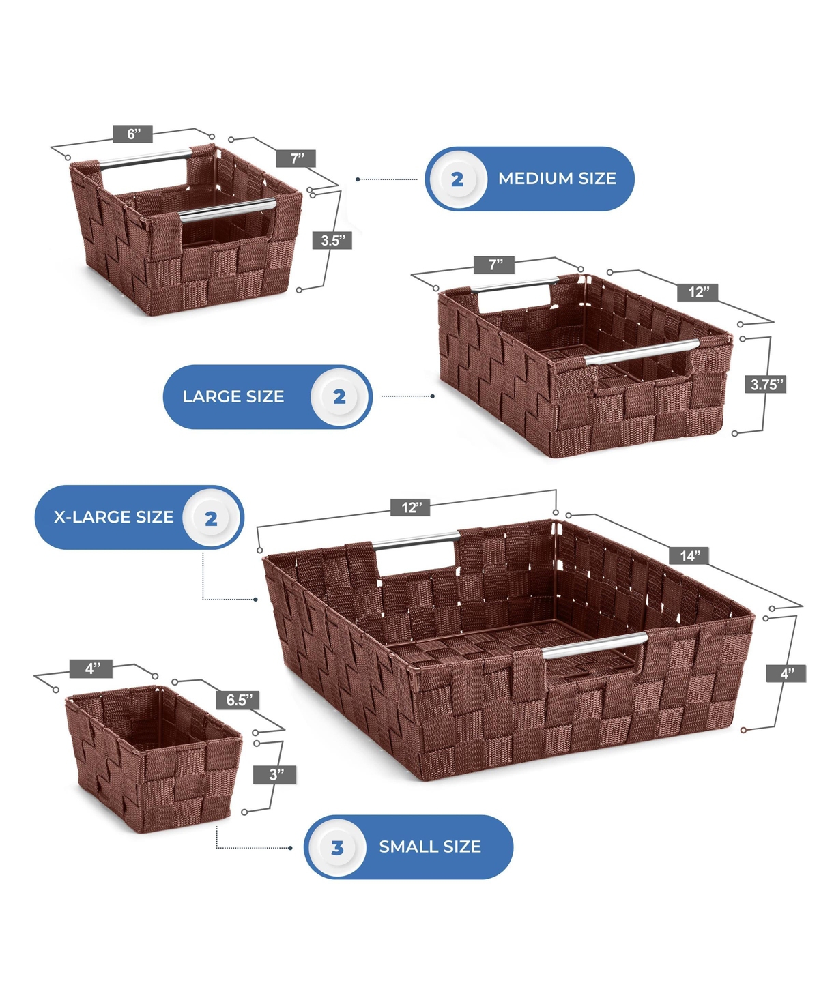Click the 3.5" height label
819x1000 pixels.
coord(332,240)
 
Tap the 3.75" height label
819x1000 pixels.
coord(766,384)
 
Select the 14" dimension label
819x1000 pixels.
coord(689,555)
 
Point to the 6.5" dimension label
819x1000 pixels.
coord(238,700)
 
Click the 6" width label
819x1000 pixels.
coord(133,134)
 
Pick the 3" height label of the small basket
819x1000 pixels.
coord(275,775)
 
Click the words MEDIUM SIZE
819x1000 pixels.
coord(557,178)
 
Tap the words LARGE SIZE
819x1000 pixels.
coord(233,396)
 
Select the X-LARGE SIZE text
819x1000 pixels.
coord(113,517)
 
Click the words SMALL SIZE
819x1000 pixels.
coord(430,847)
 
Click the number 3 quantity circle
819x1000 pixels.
coord(337,847)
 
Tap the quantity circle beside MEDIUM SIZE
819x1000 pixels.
coord(457,179)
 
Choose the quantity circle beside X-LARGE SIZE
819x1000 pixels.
coord(211,518)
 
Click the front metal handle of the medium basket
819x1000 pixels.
coord(227,211)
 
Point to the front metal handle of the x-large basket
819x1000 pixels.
coord(594,645)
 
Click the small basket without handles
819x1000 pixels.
coord(153,757)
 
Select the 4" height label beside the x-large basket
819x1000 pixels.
coord(786,673)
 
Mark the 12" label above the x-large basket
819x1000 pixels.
coord(410,508)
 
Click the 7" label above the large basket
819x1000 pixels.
coord(494,265)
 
